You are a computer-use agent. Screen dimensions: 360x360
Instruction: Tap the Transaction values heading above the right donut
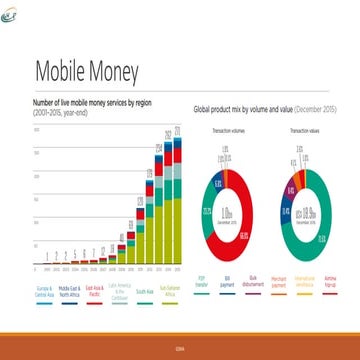(x=302, y=131)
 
